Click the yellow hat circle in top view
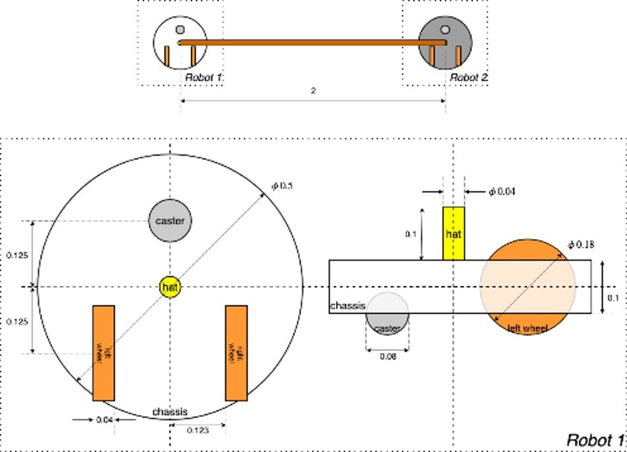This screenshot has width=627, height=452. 170,287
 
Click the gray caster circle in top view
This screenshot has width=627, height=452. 170,221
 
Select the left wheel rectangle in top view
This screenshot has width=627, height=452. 103,353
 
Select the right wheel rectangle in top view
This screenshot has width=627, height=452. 236,353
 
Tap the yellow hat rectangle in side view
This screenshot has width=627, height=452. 454,233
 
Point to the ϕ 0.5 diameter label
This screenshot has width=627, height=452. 283,186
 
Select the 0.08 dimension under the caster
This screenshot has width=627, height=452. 387,356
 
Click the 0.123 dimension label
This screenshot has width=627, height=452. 198,431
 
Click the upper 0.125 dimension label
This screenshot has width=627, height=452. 16,255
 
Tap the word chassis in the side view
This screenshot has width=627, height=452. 347,306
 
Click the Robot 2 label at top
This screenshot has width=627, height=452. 469,78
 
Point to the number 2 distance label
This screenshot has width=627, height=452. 313,91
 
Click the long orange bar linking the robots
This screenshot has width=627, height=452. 313,43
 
